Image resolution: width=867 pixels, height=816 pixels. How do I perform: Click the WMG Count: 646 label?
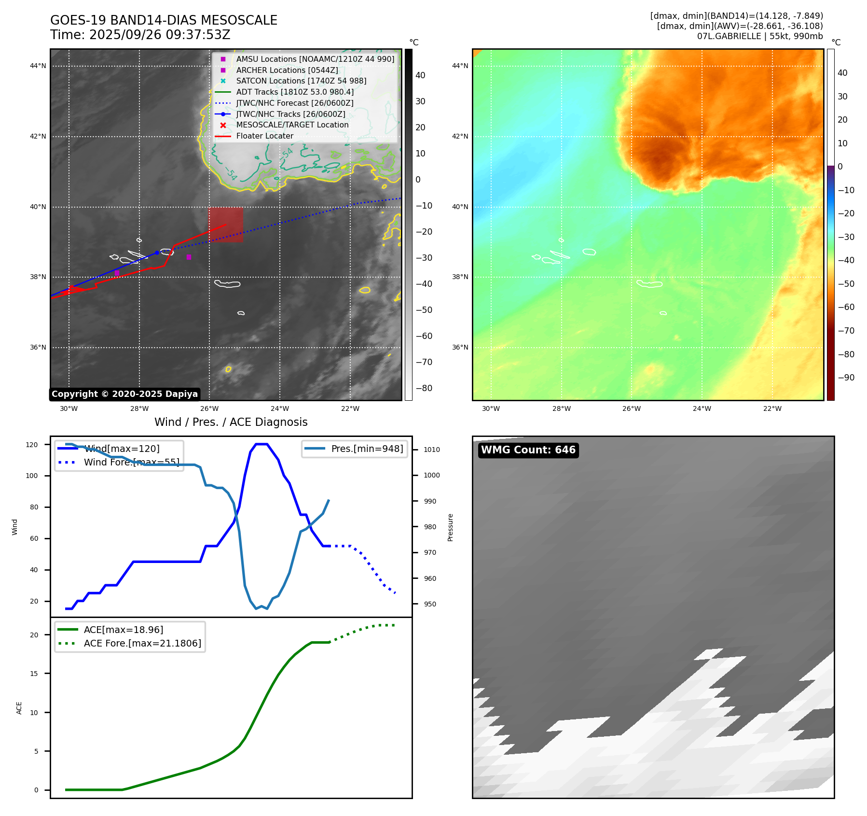click(x=528, y=450)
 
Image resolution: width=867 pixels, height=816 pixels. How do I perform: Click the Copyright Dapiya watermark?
click(x=124, y=394)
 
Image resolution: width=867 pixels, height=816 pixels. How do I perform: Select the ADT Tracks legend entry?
click(x=295, y=92)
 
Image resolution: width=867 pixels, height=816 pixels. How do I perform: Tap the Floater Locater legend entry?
click(x=264, y=136)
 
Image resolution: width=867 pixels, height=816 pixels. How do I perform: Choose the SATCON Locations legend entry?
click(x=301, y=81)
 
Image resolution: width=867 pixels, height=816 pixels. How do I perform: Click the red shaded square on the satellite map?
click(x=226, y=225)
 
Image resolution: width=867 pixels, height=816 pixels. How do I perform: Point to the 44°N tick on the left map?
click(x=38, y=66)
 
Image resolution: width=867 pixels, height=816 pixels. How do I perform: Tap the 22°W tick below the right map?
click(x=772, y=408)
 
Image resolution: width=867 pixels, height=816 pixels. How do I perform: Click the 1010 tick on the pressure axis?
click(x=432, y=450)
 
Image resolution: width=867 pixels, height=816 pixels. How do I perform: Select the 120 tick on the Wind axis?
click(x=32, y=445)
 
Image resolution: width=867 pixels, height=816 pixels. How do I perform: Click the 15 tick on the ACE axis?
click(x=34, y=674)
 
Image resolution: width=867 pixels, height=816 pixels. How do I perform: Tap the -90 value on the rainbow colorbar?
click(x=846, y=378)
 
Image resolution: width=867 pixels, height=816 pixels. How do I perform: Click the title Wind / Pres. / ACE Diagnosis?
click(x=231, y=422)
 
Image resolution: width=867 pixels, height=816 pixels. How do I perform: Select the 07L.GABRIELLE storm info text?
click(x=759, y=36)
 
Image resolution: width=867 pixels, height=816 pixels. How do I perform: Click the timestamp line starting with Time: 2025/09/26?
click(x=140, y=35)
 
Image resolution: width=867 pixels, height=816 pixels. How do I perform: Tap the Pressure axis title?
click(x=450, y=527)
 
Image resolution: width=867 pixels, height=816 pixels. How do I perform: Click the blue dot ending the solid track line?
click(x=157, y=253)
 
